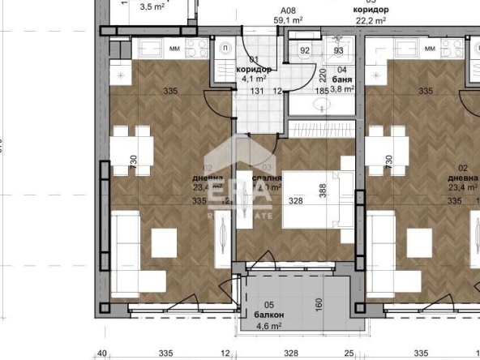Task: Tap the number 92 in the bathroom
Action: click(x=306, y=50)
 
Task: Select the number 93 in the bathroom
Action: click(x=339, y=50)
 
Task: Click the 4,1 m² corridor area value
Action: click(x=251, y=79)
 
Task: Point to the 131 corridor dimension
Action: click(x=257, y=92)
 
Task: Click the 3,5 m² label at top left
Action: click(x=152, y=7)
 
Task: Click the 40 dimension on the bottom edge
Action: click(x=102, y=354)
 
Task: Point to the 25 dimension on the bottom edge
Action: click(x=349, y=354)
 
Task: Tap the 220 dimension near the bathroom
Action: click(x=320, y=78)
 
